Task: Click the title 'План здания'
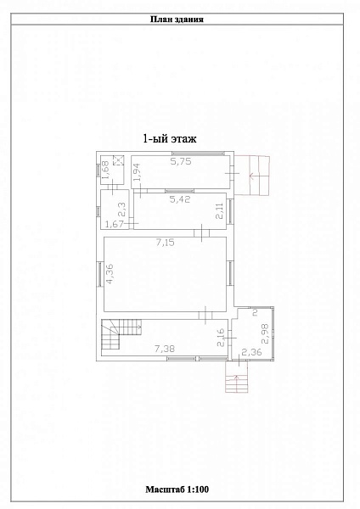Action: (177, 20)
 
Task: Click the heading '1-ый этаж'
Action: (170, 139)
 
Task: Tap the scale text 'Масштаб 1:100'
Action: (177, 489)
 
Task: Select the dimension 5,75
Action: (181, 161)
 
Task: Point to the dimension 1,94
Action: (138, 171)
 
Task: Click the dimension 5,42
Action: (180, 199)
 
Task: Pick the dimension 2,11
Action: (221, 210)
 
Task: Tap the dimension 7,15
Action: (165, 242)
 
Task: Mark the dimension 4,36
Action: (110, 274)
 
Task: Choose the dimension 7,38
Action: (165, 349)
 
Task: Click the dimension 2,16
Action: (221, 338)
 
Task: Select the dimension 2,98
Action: (266, 333)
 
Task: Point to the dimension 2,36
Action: (252, 352)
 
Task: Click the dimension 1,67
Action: (115, 224)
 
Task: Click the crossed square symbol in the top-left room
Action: (118, 160)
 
